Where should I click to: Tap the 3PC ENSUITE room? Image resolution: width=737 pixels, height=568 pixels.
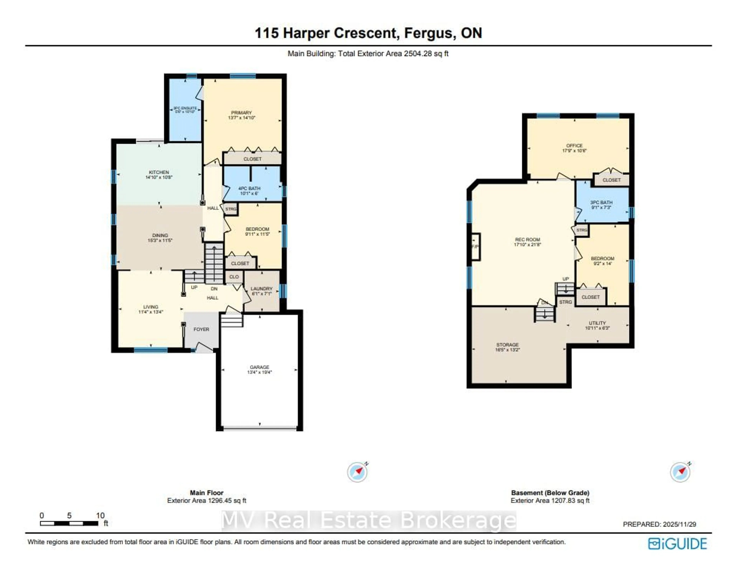pos(185,110)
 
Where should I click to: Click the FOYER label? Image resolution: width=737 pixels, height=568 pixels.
pos(201,329)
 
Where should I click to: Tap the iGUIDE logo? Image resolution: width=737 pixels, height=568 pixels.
pos(677,544)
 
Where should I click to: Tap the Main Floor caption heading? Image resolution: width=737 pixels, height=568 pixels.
pos(207,493)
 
